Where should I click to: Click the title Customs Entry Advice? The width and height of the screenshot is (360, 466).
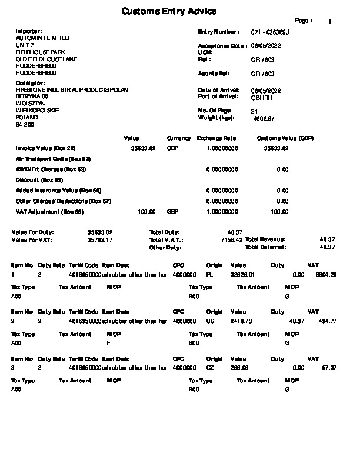[169, 12]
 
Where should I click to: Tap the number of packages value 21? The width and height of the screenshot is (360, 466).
[254, 111]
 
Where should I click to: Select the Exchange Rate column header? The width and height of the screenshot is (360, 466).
[216, 138]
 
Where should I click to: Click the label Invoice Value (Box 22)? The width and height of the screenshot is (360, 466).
[45, 148]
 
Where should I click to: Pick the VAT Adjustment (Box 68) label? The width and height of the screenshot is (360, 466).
[49, 212]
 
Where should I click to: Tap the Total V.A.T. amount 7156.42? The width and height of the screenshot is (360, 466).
[231, 240]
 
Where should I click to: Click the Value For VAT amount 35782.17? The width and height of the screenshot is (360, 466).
[100, 240]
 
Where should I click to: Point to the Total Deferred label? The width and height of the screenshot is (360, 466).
[265, 247]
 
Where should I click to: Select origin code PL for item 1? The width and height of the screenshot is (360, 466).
[209, 274]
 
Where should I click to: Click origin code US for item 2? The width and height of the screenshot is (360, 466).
[210, 321]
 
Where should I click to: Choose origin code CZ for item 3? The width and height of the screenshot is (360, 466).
[210, 367]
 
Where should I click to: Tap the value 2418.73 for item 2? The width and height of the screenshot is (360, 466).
[242, 321]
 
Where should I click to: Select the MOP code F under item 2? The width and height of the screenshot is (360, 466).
[109, 342]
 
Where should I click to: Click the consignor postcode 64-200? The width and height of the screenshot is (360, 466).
[25, 125]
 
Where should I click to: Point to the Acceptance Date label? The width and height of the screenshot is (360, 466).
[222, 45]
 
